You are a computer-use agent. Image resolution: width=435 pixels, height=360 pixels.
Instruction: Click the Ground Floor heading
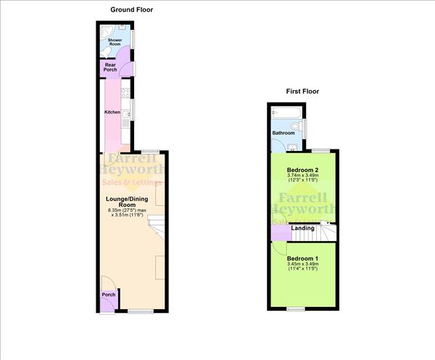pos(131,9)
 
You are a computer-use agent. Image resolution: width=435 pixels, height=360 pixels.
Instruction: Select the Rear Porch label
pos(110,67)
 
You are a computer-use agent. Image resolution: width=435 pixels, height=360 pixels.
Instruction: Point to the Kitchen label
pos(112,112)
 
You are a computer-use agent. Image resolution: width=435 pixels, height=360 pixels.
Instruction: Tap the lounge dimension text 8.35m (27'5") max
pos(128,211)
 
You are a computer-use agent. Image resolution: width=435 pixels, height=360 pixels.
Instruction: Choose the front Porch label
pos(109,295)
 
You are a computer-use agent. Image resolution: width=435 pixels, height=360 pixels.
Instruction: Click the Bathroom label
pos(283,133)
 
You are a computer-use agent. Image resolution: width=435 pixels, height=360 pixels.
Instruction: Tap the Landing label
pos(302,229)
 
